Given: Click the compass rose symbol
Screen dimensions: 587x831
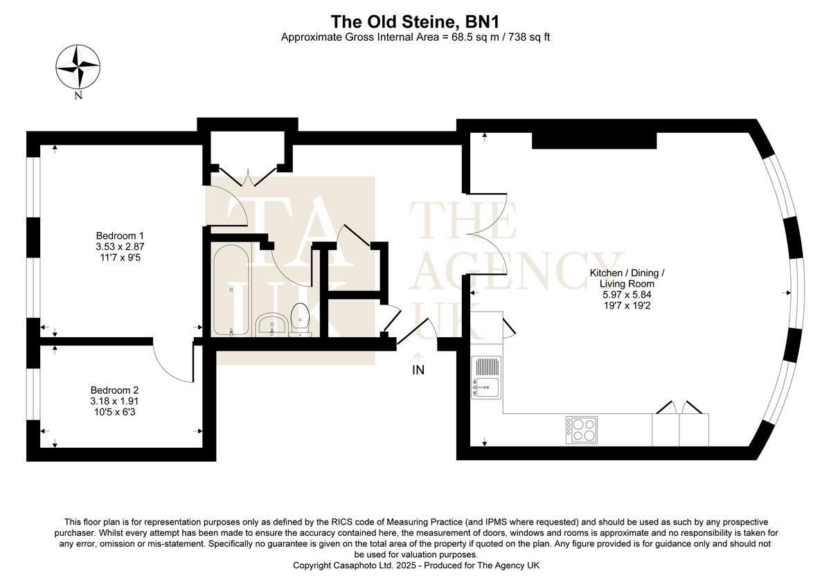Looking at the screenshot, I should [78, 67].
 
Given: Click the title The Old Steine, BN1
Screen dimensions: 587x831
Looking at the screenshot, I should [415, 21].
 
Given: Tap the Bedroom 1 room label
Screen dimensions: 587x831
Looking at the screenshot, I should [120, 235].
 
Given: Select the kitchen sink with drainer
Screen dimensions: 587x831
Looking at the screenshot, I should [486, 378].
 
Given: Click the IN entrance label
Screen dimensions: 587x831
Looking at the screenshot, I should [418, 370].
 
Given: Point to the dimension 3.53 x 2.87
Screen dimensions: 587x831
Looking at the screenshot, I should [120, 246].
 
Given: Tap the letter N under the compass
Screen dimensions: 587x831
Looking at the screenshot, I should [78, 96].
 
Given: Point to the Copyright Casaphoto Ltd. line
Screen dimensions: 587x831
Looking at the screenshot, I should [415, 566].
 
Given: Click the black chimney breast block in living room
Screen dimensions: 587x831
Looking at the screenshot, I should [593, 140].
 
